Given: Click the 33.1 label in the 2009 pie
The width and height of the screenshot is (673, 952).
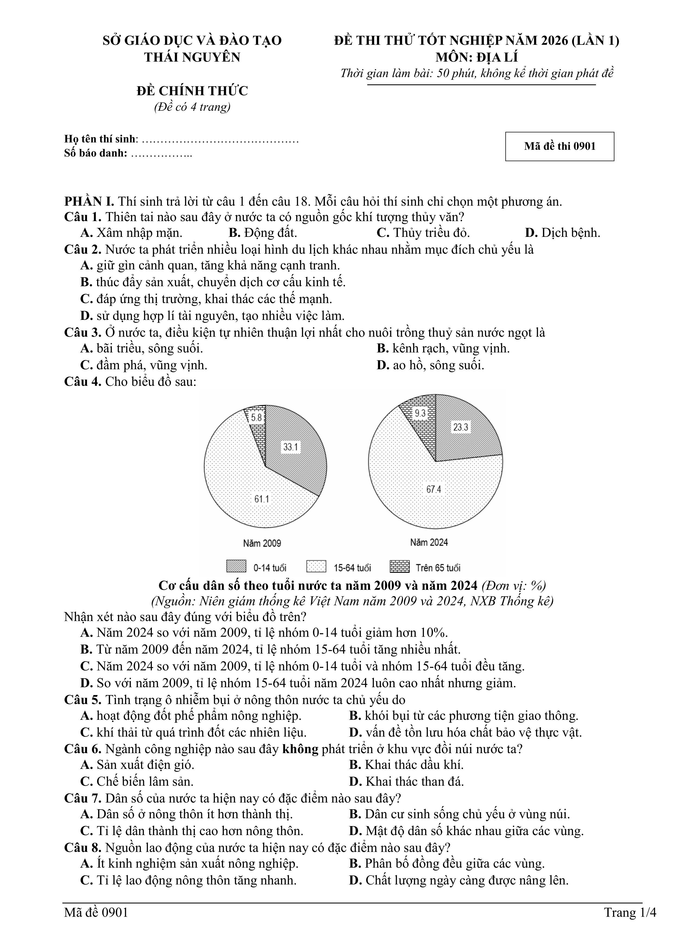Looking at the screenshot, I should point(291,447).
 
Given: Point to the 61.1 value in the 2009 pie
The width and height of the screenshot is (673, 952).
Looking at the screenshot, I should point(262,499).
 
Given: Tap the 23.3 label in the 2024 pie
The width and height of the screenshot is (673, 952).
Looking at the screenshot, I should point(461,427).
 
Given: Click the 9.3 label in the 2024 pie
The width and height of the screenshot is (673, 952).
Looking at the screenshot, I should point(420,413).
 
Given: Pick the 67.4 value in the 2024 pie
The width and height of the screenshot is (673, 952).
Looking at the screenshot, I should point(434,489).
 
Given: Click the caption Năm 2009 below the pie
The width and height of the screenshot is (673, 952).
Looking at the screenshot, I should point(262,543).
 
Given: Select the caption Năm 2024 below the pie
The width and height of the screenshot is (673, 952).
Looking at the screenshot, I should point(429,542).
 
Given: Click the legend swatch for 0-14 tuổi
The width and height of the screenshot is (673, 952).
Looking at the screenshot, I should point(236,566).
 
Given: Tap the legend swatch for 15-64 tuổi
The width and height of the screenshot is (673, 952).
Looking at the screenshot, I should point(316,566).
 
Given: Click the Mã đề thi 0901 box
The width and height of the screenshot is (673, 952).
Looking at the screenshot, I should point(559,146).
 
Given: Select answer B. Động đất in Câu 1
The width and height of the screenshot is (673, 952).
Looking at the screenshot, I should point(263,233).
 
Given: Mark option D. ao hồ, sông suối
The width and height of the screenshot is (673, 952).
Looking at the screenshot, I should point(430,365).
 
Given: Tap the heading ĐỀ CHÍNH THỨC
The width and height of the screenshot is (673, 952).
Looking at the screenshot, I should point(192,91).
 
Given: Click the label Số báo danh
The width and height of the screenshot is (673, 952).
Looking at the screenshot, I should point(96,153).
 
